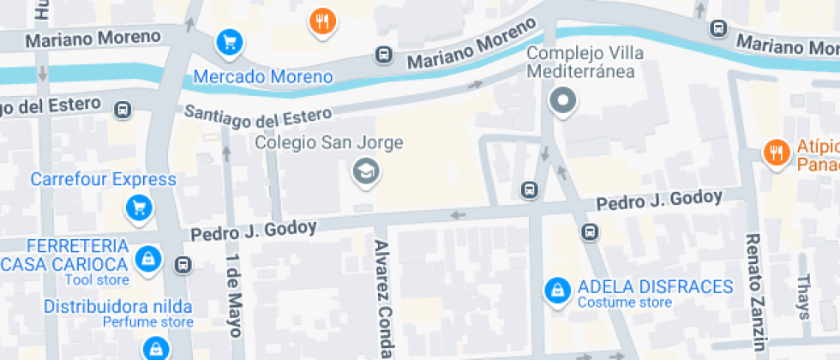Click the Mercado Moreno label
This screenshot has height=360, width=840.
[x=262, y=77]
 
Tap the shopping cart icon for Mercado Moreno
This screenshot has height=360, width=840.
[x=228, y=41]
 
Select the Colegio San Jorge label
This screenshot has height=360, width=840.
[x=329, y=142]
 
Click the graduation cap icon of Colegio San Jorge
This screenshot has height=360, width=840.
[x=367, y=171]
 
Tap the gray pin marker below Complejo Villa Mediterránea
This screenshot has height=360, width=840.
[x=563, y=101]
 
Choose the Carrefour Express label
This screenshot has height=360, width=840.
[x=104, y=180]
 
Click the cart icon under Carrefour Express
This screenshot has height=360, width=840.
[x=138, y=207]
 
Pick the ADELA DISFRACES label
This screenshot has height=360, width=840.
[x=656, y=287]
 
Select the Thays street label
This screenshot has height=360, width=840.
[x=803, y=297]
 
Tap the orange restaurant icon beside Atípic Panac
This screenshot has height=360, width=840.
[x=775, y=153]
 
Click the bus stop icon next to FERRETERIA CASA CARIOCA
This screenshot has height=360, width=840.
[x=183, y=265]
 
